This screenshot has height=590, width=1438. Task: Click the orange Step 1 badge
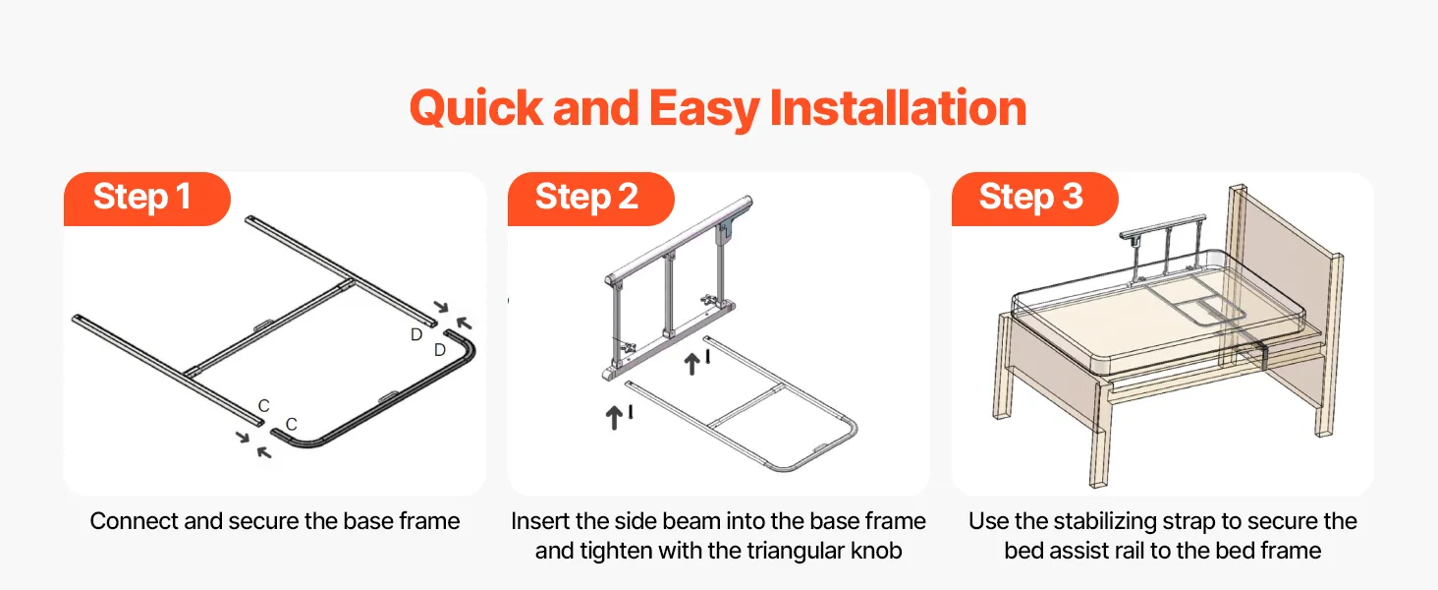[x=147, y=199]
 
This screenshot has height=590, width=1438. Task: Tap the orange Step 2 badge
[x=590, y=199]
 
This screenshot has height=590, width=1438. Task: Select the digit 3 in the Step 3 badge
[x=1073, y=196]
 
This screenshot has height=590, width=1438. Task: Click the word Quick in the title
[x=476, y=107]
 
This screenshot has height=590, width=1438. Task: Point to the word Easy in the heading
[x=704, y=109]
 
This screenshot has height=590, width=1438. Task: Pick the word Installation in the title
[x=898, y=107]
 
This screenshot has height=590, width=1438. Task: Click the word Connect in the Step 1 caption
[x=135, y=521]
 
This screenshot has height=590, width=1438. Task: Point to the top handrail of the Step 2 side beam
[x=679, y=240]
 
